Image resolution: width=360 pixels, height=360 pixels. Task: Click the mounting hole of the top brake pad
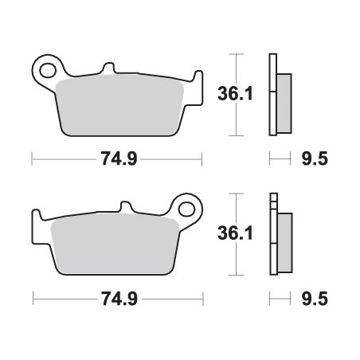[48, 70]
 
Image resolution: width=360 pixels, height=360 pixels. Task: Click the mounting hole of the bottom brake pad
[186, 209]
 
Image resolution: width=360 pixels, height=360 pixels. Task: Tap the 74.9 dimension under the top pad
[119, 159]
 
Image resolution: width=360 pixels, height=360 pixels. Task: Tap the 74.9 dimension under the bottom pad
[119, 299]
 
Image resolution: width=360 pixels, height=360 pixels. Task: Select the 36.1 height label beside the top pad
[235, 93]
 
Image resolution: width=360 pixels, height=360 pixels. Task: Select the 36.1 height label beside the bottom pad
[235, 233]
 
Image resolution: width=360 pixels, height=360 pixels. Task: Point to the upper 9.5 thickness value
[315, 159]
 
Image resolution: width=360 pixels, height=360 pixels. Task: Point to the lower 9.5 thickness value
[315, 299]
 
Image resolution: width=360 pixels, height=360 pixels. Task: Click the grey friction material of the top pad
[119, 105]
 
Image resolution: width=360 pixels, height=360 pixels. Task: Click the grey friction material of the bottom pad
[115, 244]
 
